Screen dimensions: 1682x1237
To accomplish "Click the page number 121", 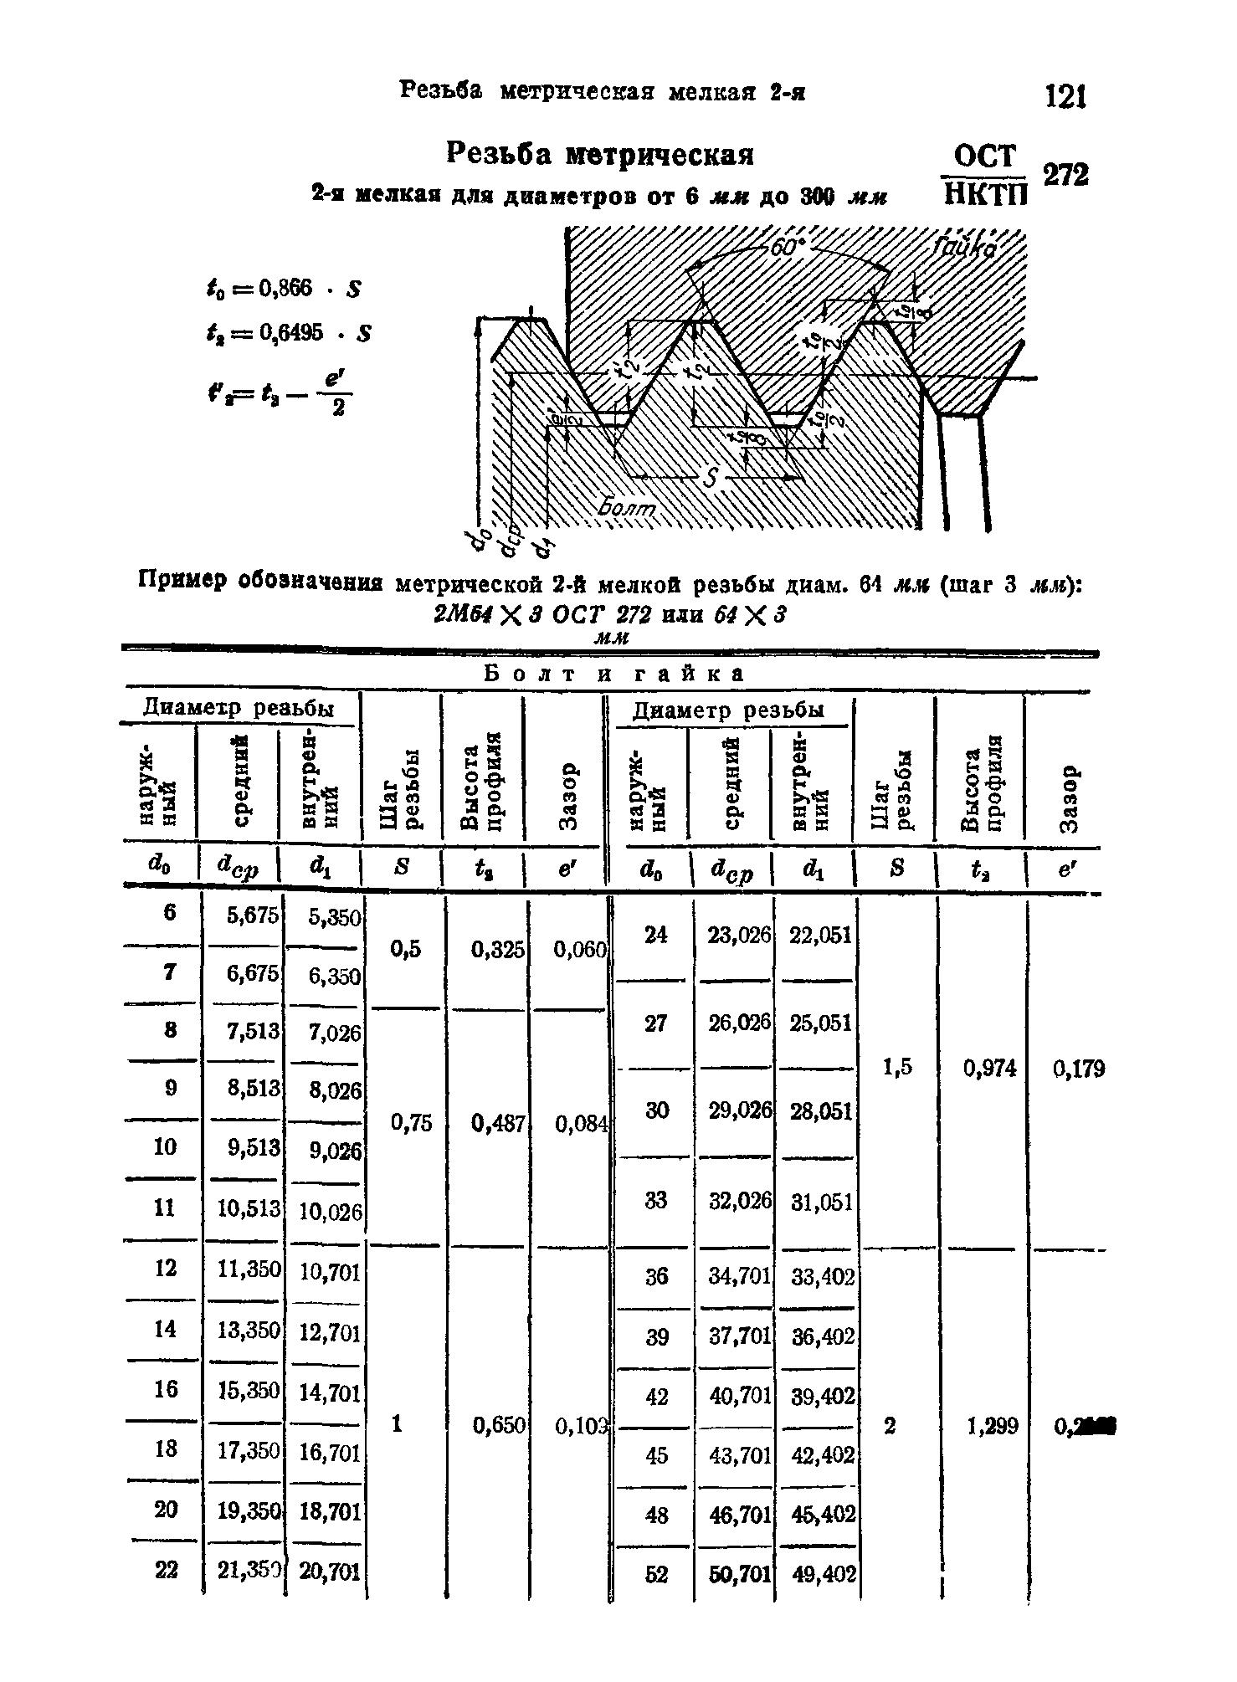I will (1065, 97).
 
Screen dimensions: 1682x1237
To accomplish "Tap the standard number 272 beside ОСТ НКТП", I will (1065, 175).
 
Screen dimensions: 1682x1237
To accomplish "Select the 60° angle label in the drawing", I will (787, 249).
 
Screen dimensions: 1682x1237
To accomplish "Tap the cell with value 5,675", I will (253, 915).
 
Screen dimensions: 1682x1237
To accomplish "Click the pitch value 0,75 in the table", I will (412, 1123).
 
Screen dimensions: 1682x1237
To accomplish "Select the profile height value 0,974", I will (989, 1069).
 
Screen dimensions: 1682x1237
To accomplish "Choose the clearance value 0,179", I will (1080, 1069).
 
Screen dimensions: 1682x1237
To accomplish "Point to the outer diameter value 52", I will (657, 1574).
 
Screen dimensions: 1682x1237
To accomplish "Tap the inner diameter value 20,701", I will (330, 1572).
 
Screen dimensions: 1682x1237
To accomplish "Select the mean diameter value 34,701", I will (739, 1277).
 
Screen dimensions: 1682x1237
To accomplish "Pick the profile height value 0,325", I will (497, 950).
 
